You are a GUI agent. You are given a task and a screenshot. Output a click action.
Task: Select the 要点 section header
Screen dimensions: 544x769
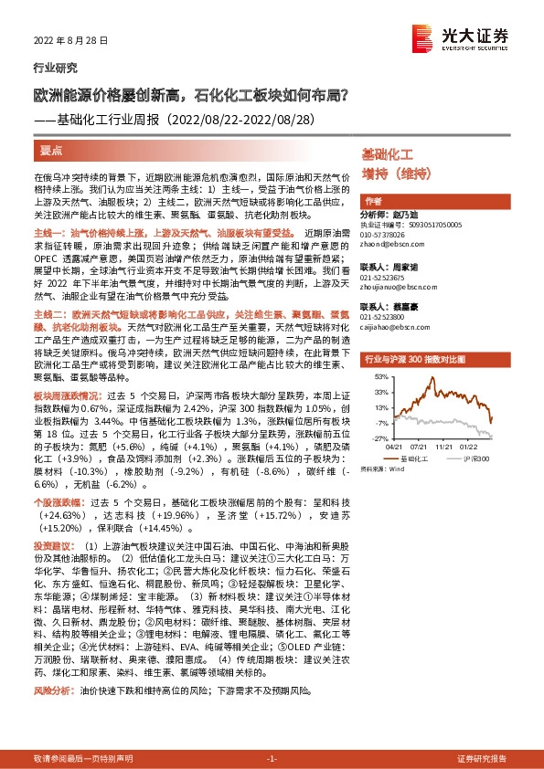[x=52, y=149]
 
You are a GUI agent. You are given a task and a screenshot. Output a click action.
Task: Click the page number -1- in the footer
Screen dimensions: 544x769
[x=271, y=759]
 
